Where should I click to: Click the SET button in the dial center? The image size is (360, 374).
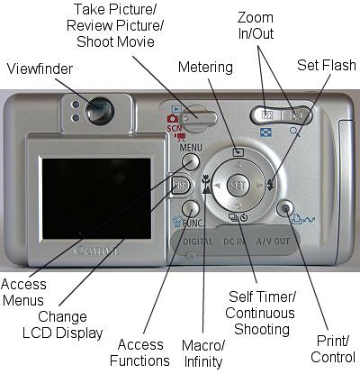click(x=238, y=185)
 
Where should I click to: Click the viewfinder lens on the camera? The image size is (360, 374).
click(x=99, y=111)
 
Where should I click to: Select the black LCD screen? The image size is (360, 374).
click(x=96, y=198)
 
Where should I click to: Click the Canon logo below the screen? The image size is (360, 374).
click(x=96, y=251)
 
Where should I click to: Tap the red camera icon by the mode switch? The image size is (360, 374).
click(x=173, y=118)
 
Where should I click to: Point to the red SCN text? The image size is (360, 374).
click(x=175, y=128)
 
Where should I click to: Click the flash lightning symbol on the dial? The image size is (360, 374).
click(x=270, y=185)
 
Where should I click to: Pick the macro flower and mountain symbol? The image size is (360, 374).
click(x=206, y=184)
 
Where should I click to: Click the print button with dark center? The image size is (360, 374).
click(x=285, y=208)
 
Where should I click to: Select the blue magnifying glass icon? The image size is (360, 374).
click(x=295, y=132)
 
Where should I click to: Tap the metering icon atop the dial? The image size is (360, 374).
click(x=238, y=151)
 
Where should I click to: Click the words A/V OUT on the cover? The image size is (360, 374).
click(x=273, y=242)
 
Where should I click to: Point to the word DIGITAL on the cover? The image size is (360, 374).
click(x=198, y=242)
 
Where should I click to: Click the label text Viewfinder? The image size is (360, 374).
click(x=40, y=68)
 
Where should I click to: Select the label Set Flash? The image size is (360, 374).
click(x=327, y=65)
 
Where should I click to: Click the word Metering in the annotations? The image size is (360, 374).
click(x=205, y=68)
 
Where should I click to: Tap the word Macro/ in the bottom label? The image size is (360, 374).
click(x=203, y=345)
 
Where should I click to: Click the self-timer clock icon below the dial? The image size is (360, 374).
click(x=244, y=217)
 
